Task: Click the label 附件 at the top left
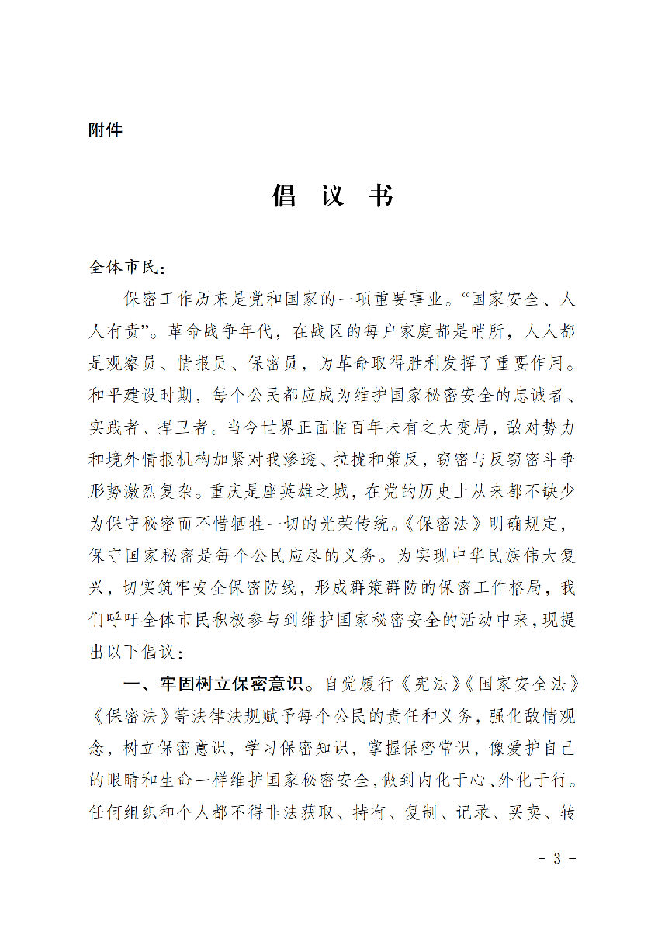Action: click(106, 130)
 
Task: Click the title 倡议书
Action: click(332, 196)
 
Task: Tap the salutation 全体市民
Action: click(124, 268)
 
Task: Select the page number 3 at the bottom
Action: click(556, 859)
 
